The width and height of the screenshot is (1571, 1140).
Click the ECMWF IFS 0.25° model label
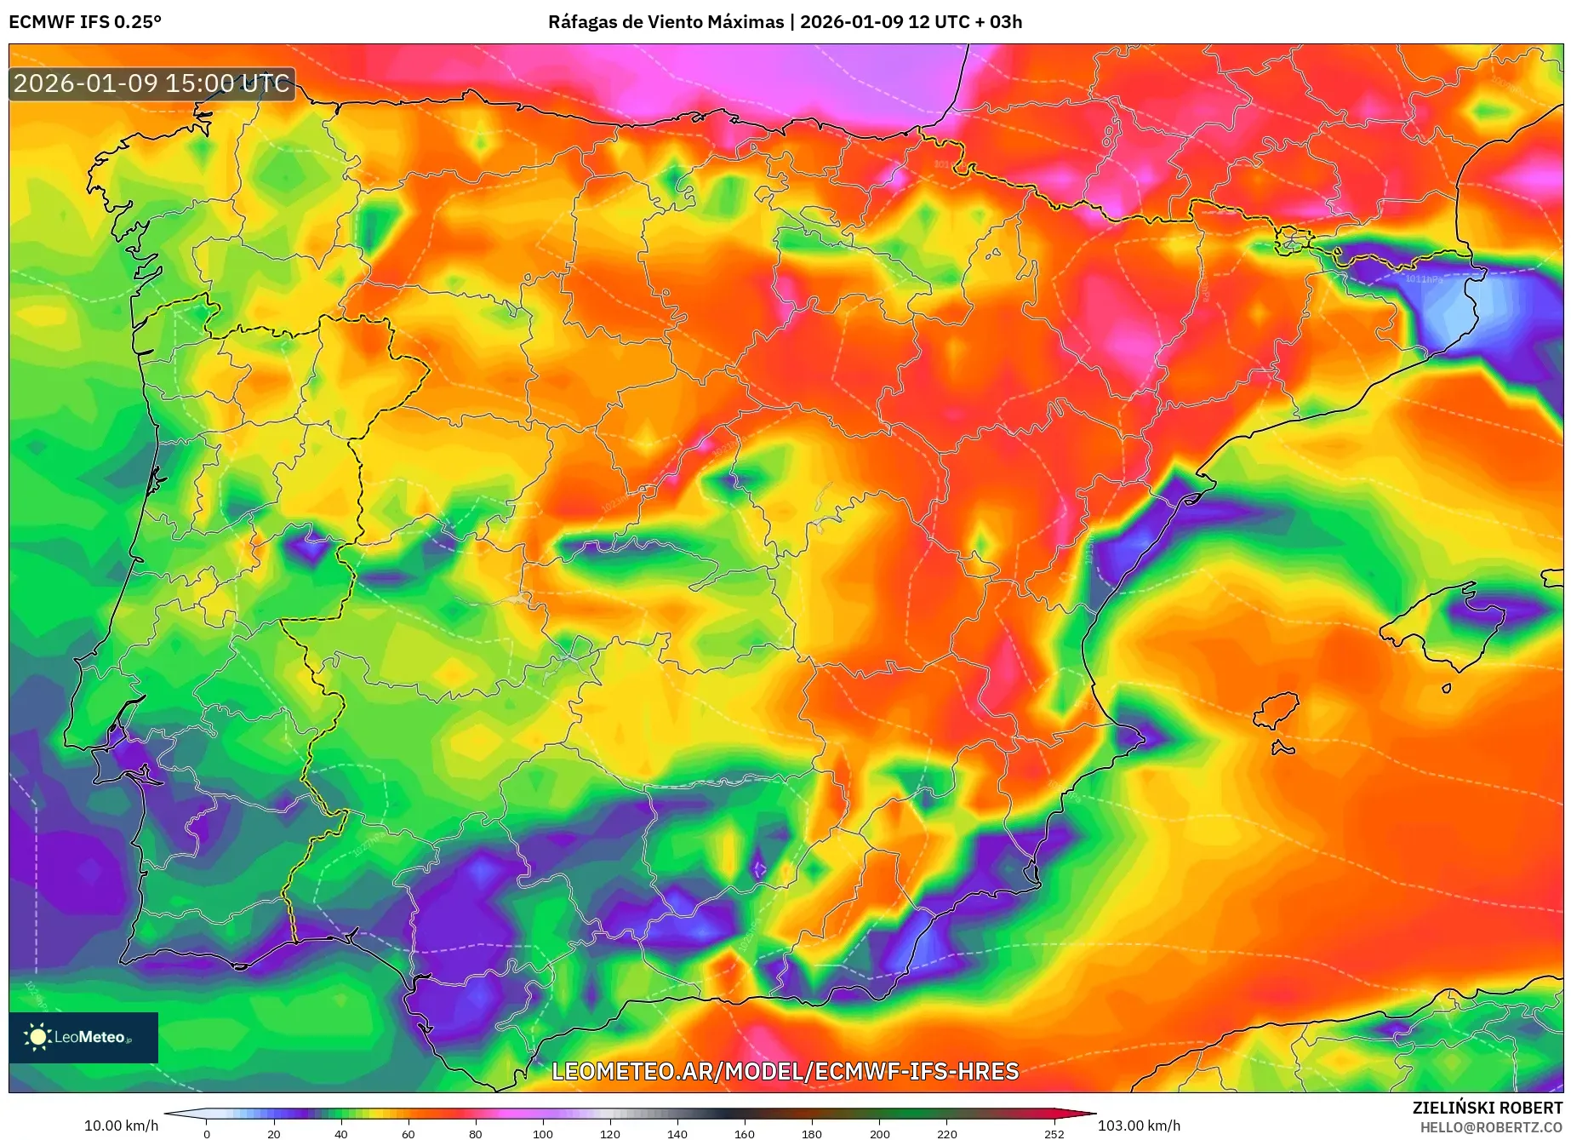pos(85,22)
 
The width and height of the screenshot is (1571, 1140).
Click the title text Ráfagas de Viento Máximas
pos(666,22)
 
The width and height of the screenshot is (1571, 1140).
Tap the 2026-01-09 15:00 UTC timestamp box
pos(152,83)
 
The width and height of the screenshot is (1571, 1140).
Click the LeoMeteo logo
pos(83,1037)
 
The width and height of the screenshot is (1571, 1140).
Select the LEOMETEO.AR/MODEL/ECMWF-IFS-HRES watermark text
pos(785,1071)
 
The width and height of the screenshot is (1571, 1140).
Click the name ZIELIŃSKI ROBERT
pos(1487,1108)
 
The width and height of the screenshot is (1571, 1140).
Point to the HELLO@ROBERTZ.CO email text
pos(1490,1127)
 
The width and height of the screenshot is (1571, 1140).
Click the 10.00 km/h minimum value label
pos(121,1126)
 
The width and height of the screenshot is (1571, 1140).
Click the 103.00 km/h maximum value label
pos(1139,1126)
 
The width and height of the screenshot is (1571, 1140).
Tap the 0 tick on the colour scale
pos(206,1133)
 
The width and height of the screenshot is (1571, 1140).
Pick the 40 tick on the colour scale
pos(340,1133)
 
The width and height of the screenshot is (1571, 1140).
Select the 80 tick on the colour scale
pos(475,1133)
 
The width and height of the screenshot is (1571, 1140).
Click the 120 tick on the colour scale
pos(609,1133)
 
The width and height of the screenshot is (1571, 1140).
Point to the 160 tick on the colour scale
pos(744,1133)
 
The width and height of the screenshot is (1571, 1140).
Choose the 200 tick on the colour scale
pos(879,1133)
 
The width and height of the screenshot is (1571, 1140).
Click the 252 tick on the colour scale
pos(1054,1133)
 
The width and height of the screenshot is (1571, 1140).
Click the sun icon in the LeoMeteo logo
pos(37,1037)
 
